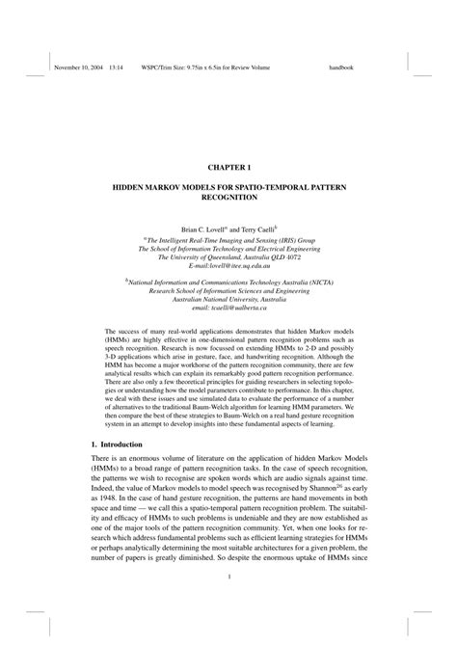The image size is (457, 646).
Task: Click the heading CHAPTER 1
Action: coord(228,140)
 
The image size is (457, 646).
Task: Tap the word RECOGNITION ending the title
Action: coord(228,196)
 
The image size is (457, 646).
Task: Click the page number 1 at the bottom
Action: coord(228,578)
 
